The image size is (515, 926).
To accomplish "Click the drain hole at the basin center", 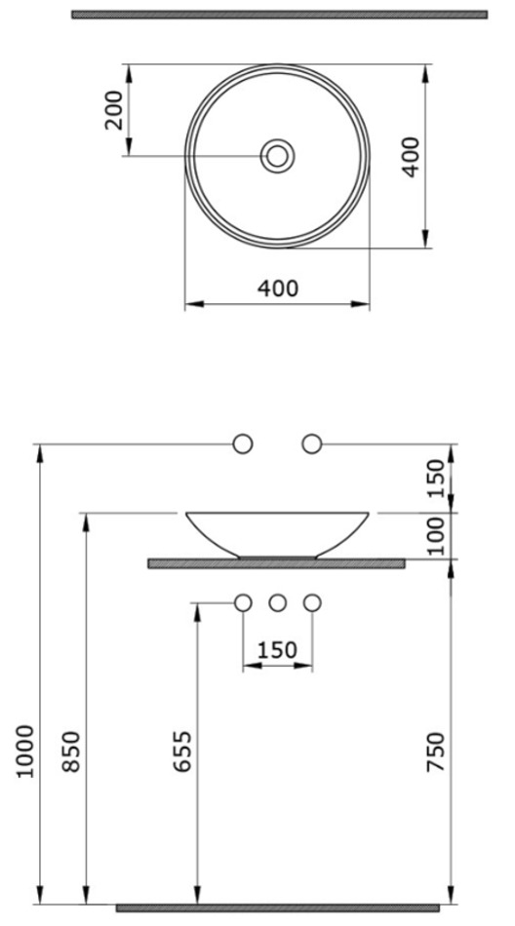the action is [277, 156].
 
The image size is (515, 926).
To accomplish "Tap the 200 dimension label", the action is [113, 110].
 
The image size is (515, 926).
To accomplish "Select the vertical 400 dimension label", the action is [410, 157].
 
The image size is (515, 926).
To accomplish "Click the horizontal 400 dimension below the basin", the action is [278, 289].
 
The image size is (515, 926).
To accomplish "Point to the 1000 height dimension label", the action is [24, 752].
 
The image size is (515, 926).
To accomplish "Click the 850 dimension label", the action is [71, 752].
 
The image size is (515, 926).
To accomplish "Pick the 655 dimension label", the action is [182, 752].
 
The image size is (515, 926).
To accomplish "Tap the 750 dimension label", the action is [435, 752].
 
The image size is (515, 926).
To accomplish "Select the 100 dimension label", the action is [435, 536].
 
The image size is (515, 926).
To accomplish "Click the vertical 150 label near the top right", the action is [435, 478].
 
